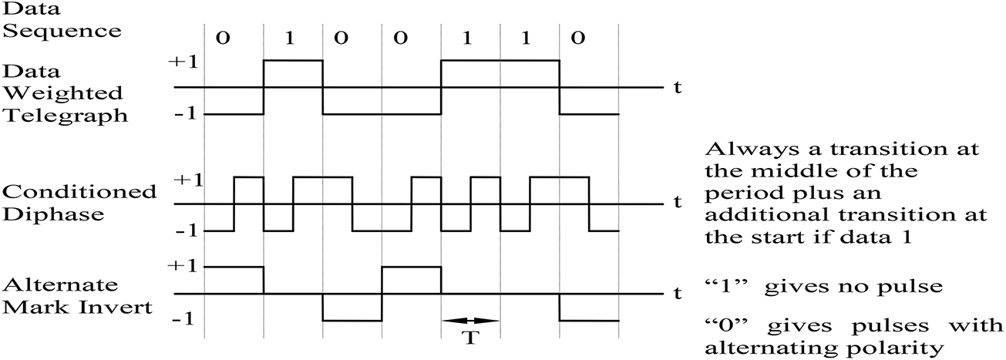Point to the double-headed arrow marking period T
pos(470,320)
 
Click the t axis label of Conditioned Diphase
pos(677,204)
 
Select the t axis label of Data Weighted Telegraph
pos(677,87)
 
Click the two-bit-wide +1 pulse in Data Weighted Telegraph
pos(500,61)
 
